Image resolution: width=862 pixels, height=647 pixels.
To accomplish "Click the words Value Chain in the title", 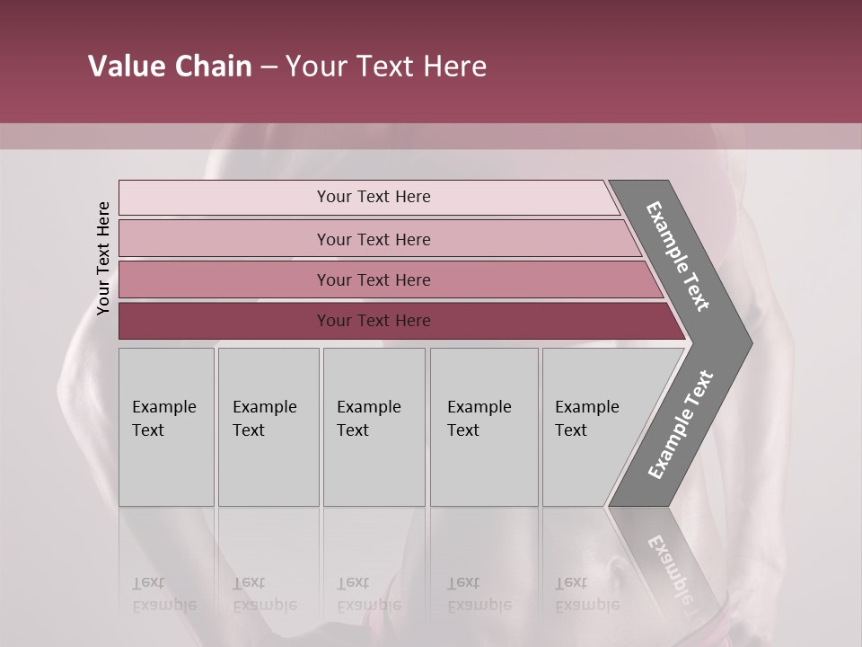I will pyautogui.click(x=170, y=66).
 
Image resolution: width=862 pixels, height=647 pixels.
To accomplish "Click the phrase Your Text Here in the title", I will pyautogui.click(x=386, y=66).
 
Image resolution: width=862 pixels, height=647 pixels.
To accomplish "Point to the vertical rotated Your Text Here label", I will pyautogui.click(x=103, y=258).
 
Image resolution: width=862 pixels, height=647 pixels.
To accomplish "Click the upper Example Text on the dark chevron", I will pyautogui.click(x=678, y=256).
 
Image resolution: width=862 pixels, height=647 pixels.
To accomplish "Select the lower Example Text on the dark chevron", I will pyautogui.click(x=680, y=424).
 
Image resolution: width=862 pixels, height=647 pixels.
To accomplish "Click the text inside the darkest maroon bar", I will pyautogui.click(x=374, y=321).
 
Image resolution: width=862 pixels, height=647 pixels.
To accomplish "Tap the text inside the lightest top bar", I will pyautogui.click(x=374, y=197).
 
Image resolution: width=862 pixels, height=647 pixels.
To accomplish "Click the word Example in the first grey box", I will pyautogui.click(x=163, y=407).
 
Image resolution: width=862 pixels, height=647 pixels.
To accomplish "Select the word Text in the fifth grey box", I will pyautogui.click(x=571, y=430).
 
